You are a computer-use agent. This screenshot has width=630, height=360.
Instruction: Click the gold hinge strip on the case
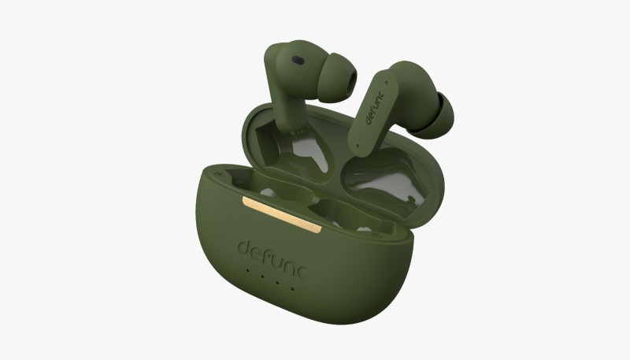tap(282, 214)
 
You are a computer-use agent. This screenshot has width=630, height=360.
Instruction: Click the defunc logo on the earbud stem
tap(375, 108)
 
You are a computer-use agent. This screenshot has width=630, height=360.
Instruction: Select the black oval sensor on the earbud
tap(298, 61)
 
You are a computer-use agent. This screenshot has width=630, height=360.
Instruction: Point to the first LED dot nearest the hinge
tap(247, 270)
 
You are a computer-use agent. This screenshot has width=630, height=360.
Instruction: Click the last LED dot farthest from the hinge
tap(292, 288)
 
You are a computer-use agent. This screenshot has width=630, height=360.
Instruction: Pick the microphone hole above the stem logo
tap(386, 83)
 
